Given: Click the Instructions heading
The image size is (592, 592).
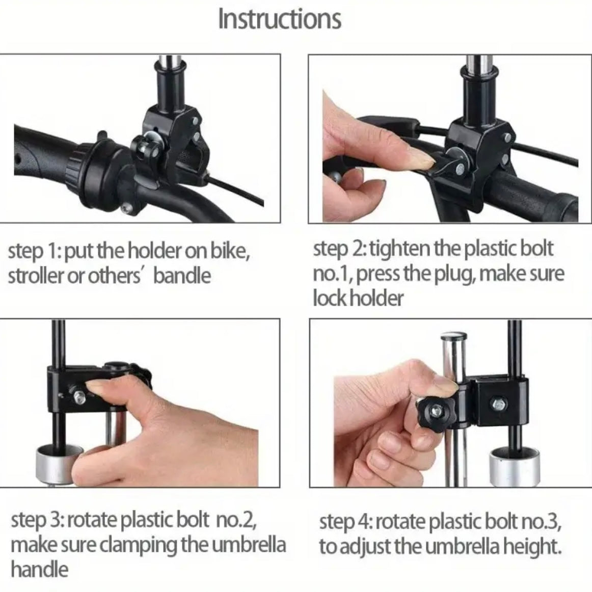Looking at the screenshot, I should pos(279,19).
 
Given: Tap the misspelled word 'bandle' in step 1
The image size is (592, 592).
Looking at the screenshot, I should pos(182,276).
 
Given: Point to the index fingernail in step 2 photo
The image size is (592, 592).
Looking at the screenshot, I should pos(420,162).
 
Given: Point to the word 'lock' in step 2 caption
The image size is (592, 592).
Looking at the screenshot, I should pos(328,298).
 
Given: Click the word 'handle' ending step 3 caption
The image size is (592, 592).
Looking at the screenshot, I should pos(39,569).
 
